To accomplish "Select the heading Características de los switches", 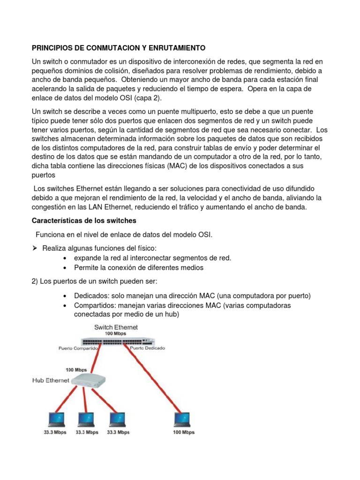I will coord(84,220).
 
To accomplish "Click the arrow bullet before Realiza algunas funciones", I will coord(34,247).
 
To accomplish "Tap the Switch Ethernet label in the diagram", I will coord(116,327).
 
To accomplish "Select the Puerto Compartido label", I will coord(78,349).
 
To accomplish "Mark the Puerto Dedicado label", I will coord(147,348).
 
